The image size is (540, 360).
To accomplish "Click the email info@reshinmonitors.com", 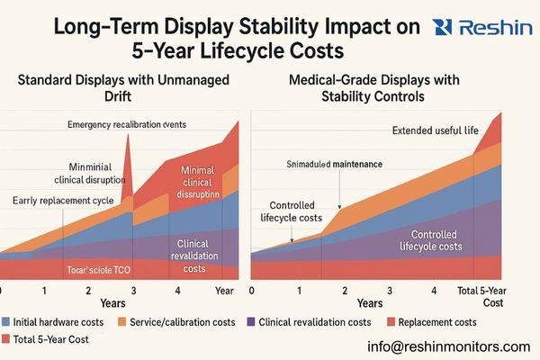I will (x=449, y=346).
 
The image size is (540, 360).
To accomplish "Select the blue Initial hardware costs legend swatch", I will (x=5, y=322).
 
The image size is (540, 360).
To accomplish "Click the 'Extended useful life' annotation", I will (x=436, y=131).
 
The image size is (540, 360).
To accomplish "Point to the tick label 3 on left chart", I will (x=133, y=291).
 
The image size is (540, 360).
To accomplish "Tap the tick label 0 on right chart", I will (x=251, y=291).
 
